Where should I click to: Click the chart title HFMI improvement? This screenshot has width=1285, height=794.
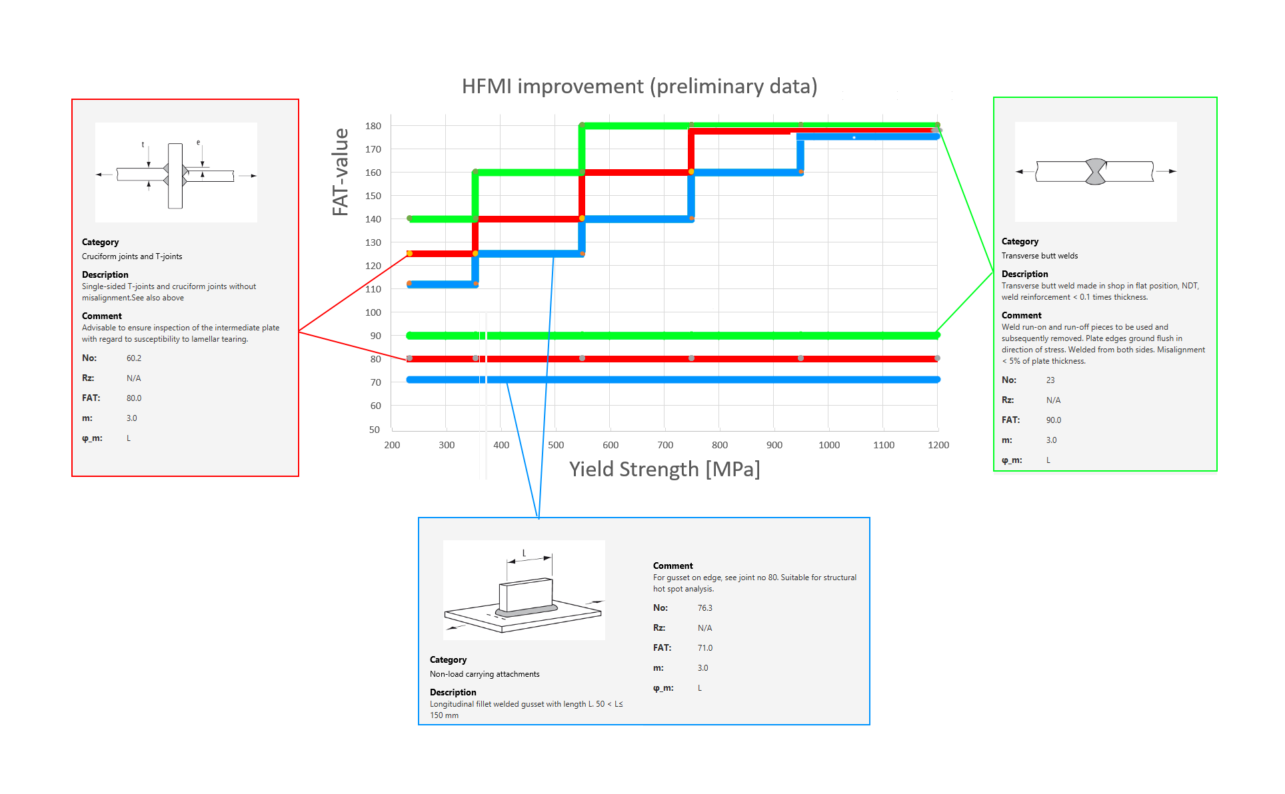coord(639,87)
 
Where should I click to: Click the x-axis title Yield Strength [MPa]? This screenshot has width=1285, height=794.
coord(664,469)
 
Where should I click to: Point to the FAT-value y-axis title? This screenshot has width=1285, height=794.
coord(341,172)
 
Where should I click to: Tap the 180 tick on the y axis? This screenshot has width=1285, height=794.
coord(373,126)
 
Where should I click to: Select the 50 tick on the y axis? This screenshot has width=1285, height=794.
coord(375,430)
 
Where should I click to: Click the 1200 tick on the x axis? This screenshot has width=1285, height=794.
coord(938,445)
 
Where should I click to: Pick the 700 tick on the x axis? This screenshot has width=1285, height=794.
coord(664,445)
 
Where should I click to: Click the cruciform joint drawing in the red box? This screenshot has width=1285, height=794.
coord(176,173)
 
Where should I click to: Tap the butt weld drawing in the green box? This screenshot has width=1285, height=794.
coord(1095,171)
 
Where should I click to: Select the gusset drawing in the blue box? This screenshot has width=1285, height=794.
coord(524,590)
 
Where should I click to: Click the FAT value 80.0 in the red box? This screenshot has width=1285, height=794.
coord(134,398)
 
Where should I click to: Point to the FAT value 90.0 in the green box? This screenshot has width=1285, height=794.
coord(1053,420)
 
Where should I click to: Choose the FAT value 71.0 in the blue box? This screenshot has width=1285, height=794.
coord(704,648)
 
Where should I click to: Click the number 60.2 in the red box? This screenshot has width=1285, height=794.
coord(134,358)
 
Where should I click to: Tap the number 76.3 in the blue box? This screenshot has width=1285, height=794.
coord(704,608)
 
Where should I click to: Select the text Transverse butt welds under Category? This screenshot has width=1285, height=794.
coord(1039,256)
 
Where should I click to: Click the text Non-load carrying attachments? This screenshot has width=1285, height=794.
coord(485,674)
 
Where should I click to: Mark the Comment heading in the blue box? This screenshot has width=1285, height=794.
coord(672,566)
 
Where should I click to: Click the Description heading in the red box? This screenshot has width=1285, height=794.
coord(105,274)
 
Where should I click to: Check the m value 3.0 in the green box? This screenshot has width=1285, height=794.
coord(1051,440)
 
